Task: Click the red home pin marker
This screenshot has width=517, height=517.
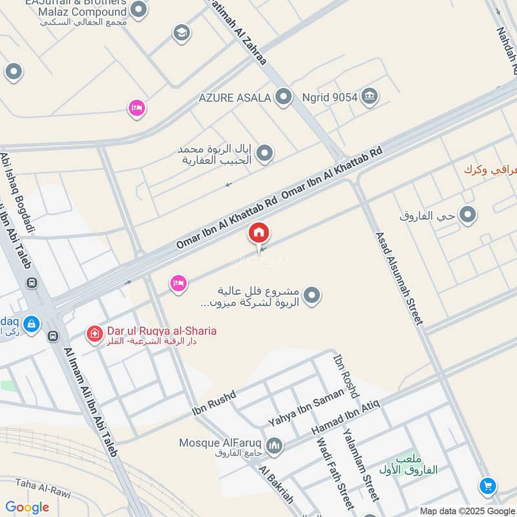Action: (x=259, y=233)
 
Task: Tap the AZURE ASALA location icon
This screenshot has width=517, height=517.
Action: (x=283, y=98)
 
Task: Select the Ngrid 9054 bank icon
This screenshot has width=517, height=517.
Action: (x=369, y=97)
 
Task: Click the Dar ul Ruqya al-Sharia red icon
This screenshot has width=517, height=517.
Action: (x=95, y=333)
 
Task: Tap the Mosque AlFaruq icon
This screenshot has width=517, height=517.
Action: (x=275, y=446)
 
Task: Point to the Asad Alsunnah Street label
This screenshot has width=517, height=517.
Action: (x=399, y=278)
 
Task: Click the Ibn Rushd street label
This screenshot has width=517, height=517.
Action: (x=214, y=403)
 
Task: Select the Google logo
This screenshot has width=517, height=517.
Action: (x=27, y=507)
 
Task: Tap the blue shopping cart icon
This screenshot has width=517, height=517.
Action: (x=488, y=486)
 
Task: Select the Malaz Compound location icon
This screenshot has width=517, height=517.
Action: (x=138, y=10)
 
